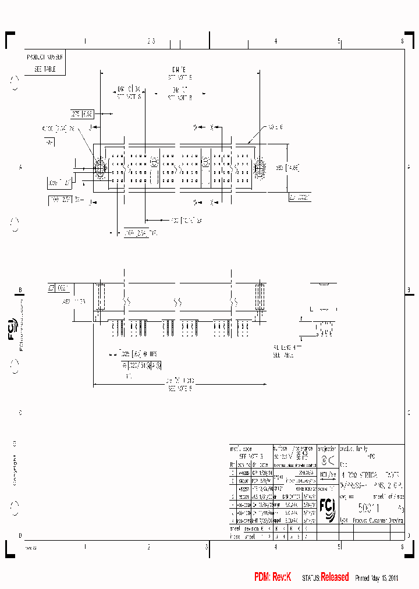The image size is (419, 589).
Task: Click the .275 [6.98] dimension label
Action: coord(82,115)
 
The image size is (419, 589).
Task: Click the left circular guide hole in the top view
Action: coord(100,169)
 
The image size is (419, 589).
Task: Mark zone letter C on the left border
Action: coord(20,413)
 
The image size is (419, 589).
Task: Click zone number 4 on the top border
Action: coord(275,41)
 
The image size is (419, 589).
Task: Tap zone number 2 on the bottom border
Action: coord(148,547)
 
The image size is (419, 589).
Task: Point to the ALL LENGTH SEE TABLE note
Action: coord(284,350)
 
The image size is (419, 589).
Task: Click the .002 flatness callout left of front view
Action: coord(59,287)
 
